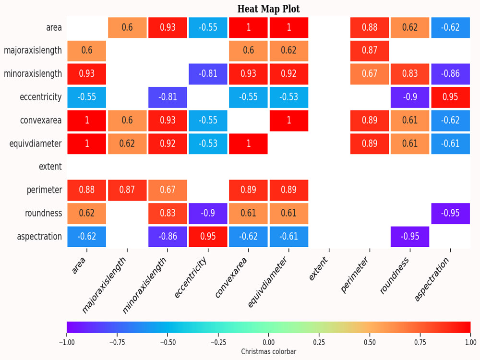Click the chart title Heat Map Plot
268,9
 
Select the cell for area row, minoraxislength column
168,27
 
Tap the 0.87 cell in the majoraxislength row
370,51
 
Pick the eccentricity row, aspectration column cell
450,97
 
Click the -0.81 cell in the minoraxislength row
208,74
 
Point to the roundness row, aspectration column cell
450,214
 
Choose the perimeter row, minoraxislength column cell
168,190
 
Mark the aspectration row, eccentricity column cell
208,237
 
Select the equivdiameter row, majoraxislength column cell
127,144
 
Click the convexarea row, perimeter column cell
370,120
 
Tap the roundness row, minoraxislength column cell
168,214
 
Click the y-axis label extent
50,167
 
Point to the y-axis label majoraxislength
33,50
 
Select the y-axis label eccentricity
41,97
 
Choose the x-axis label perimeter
354,275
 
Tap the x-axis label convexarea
231,277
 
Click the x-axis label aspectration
432,279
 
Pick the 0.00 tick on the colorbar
268,342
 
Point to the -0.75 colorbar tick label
117,342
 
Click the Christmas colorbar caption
268,351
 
